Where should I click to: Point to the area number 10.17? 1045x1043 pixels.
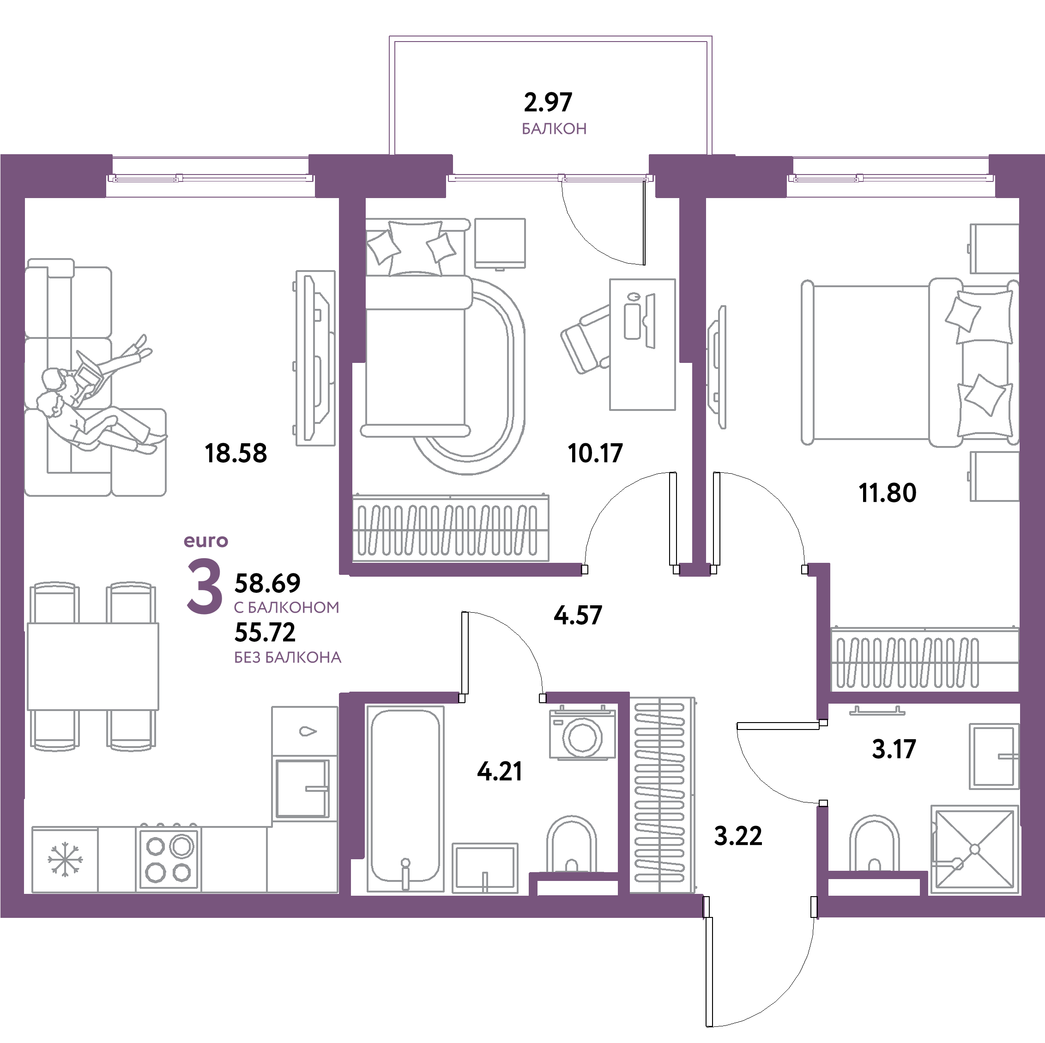coord(596,453)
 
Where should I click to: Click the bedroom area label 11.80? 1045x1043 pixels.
coord(888,493)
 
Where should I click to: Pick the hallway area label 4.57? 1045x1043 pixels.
coord(578,615)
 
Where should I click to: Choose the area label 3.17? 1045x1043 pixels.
coord(894,749)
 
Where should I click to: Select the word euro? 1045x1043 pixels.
coord(206,541)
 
